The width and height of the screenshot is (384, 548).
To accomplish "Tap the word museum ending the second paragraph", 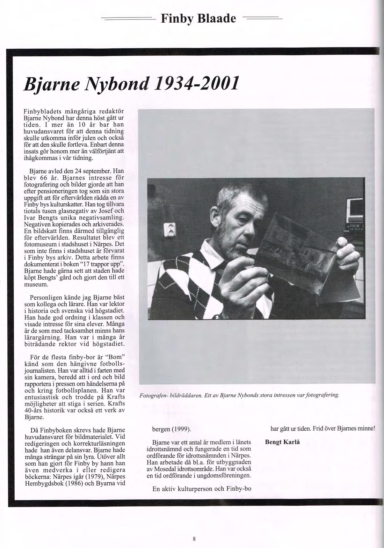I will pyautogui.click(x=36, y=284).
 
